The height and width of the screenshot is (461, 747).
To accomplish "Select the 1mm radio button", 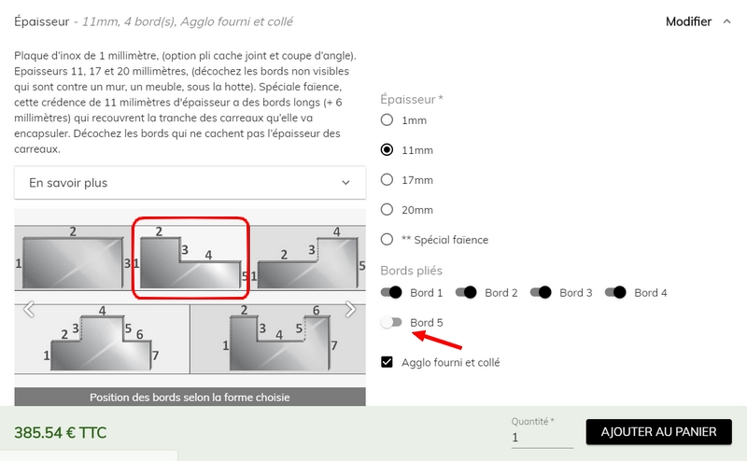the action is pos(387,119).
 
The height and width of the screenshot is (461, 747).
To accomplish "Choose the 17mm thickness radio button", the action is pos(387,179).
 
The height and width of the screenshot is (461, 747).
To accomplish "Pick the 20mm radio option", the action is pos(387,210).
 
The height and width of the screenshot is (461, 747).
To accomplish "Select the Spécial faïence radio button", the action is pos(387,239).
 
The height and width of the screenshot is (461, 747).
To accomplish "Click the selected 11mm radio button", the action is pos(387,149).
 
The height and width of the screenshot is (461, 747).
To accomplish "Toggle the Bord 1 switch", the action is pos(391,292).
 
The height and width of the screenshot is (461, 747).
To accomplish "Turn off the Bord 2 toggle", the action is pos(466,292).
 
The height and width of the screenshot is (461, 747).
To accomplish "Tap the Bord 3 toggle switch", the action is pos(541,292).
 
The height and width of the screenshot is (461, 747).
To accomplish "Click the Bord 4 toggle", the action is pos(615,292).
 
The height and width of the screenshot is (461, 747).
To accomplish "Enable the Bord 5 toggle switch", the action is pos(391,322).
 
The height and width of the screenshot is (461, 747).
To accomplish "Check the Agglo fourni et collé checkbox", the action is pos(387,362).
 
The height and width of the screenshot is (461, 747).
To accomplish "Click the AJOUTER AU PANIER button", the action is pos(659,432).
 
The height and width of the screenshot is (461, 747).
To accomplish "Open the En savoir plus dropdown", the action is pos(190,183).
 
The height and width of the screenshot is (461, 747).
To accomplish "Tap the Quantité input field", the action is pos(543,437).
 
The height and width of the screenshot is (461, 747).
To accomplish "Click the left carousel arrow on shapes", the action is pos(29,310).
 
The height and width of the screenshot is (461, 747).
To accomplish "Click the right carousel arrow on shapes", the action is pos(351,310).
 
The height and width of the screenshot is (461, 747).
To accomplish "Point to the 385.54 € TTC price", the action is pos(61,432).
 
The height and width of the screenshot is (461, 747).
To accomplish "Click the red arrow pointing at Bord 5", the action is pos(437,340).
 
